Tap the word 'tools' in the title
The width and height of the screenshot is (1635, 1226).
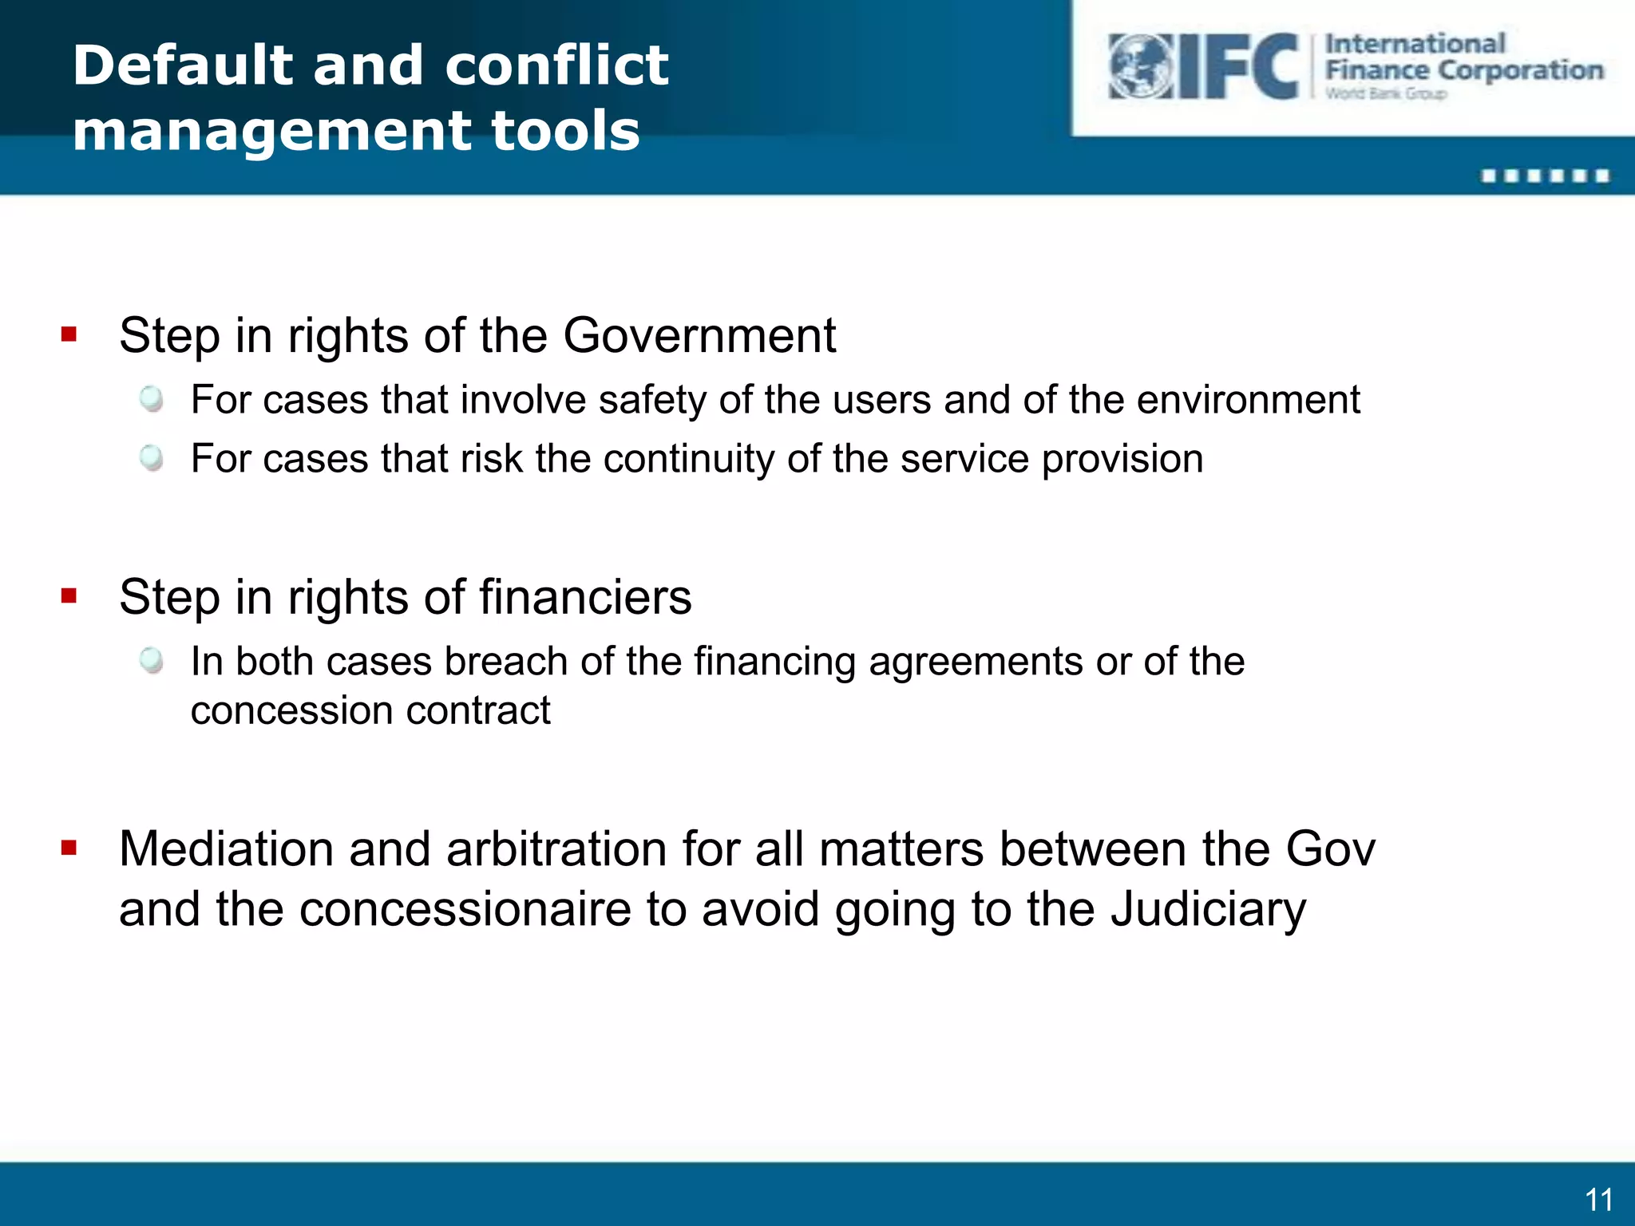click(565, 131)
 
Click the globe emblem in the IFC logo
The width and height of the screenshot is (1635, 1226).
click(1140, 67)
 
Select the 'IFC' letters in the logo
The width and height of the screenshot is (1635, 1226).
click(1240, 67)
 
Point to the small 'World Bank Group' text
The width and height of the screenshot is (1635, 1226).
click(1385, 94)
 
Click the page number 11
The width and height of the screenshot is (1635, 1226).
click(1598, 1200)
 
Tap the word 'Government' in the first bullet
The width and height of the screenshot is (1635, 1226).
click(699, 335)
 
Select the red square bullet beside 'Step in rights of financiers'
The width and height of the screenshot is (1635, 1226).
click(69, 595)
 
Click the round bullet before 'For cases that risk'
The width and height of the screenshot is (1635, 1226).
click(151, 458)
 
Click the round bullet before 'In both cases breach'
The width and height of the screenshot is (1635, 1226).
click(151, 661)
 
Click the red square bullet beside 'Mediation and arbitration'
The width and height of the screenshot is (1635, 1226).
click(69, 848)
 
